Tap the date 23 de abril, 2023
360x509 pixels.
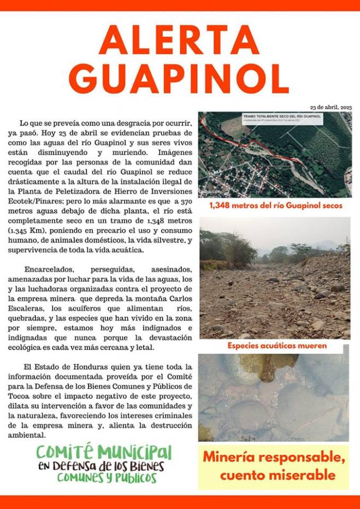[331, 108]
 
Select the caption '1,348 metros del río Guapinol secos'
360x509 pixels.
[275, 206]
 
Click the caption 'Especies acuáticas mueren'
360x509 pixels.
[277, 346]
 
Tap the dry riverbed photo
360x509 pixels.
[275, 279]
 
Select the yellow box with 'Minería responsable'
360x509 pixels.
[273, 466]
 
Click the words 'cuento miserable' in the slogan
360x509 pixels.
[278, 475]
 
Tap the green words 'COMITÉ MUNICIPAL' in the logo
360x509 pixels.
[104, 452]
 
